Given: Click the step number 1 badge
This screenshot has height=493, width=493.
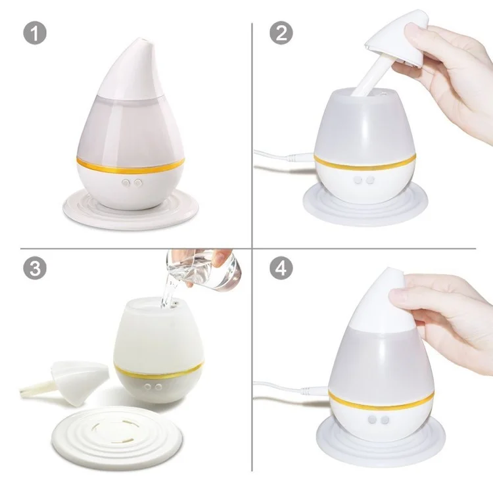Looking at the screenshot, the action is coord(35,33).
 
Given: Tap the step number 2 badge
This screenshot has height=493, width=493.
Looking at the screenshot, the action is coord(281,33).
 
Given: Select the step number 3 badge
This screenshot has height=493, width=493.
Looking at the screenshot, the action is coord(35,268).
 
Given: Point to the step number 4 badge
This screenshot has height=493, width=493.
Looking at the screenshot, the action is coord(281,268).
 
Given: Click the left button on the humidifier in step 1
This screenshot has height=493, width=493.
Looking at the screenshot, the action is coord(126,183).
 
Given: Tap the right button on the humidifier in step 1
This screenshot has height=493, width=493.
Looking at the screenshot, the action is coord(138,183).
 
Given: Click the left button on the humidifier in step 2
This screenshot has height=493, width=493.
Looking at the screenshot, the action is coord(358,180).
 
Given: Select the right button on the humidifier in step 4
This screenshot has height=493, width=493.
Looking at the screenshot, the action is coord(385,420).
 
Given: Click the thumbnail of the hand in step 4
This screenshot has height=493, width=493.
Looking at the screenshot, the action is coord(396,294).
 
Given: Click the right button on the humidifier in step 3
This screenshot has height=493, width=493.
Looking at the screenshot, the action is coord(159,387).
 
